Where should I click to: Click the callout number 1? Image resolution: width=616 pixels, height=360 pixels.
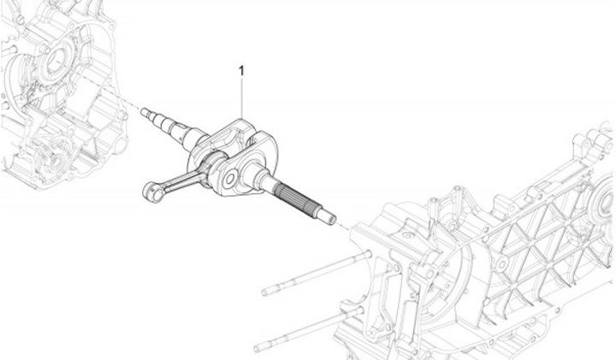[241, 71]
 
